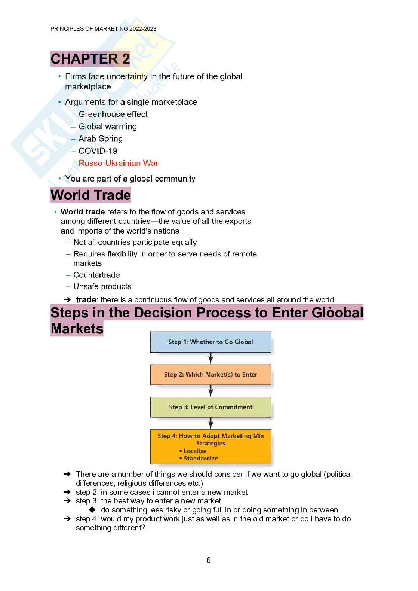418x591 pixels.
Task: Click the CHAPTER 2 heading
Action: (90, 59)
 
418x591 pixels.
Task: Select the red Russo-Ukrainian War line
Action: (118, 163)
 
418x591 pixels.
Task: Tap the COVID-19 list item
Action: (98, 151)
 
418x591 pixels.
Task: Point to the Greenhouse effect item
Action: (113, 114)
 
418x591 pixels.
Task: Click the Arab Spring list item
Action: (100, 139)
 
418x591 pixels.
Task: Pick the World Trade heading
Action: (91, 195)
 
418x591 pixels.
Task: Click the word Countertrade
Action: (96, 275)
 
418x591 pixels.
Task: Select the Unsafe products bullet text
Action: (102, 287)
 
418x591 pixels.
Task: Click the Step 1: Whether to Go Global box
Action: (210, 342)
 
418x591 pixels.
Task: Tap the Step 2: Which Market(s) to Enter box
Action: (210, 374)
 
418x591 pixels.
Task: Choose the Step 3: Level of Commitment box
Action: (210, 407)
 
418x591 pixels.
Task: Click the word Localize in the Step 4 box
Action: (195, 451)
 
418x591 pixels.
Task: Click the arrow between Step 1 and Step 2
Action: (211, 358)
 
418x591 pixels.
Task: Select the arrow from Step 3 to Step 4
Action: (211, 423)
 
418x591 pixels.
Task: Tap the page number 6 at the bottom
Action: (209, 560)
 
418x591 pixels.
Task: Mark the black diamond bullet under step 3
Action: (92, 510)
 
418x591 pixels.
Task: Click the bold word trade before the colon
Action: (86, 300)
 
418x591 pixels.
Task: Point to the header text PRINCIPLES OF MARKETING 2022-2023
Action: (103, 29)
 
